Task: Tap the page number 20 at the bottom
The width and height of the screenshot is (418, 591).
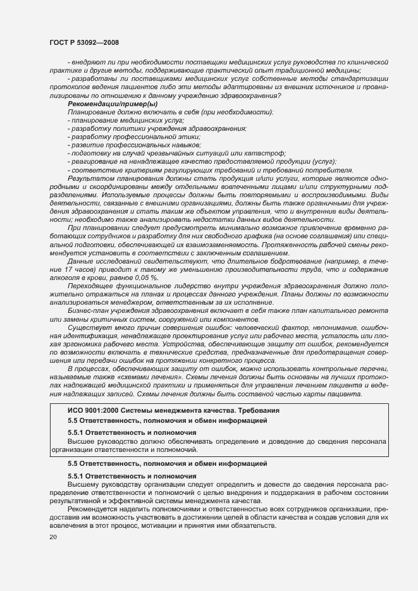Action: [53, 537]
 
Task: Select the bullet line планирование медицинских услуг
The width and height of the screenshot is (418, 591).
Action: [113, 120]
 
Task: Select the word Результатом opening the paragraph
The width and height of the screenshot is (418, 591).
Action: [90, 179]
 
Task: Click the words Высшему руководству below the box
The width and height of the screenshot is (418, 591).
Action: [102, 484]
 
